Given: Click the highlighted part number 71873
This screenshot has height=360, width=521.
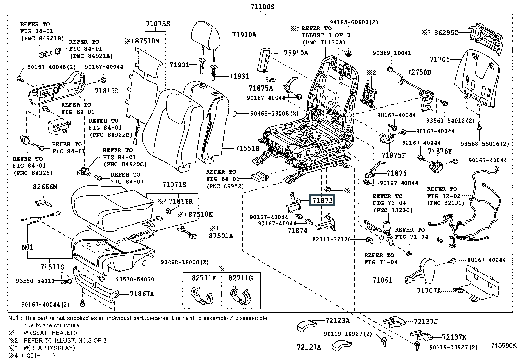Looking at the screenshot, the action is tap(322, 200).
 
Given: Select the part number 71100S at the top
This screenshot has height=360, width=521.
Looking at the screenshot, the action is tap(262, 7).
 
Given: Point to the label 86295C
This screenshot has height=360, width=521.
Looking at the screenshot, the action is tap(446, 33).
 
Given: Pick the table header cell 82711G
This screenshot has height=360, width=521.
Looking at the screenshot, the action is tap(241, 278).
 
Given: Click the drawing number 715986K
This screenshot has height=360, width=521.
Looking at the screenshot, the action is tap(504, 345).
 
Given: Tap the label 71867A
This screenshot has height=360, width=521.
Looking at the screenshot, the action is tap(142, 294).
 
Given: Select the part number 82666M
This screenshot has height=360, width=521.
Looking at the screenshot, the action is tap(45, 187).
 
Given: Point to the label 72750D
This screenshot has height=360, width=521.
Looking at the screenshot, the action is tap(419, 72).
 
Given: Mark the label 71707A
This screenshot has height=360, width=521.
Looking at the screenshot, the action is tap(429, 291).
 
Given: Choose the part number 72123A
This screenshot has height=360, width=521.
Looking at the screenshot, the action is tap(337, 321).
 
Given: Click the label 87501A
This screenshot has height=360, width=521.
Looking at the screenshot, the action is tap(221, 236).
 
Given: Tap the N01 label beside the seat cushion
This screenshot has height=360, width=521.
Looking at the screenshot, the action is tap(27, 247).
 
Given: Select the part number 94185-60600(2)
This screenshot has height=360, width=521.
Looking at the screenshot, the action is tap(354, 22).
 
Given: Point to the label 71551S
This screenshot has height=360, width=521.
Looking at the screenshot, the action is tap(247, 148).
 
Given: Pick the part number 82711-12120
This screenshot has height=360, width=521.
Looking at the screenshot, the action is tap(332, 239).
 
